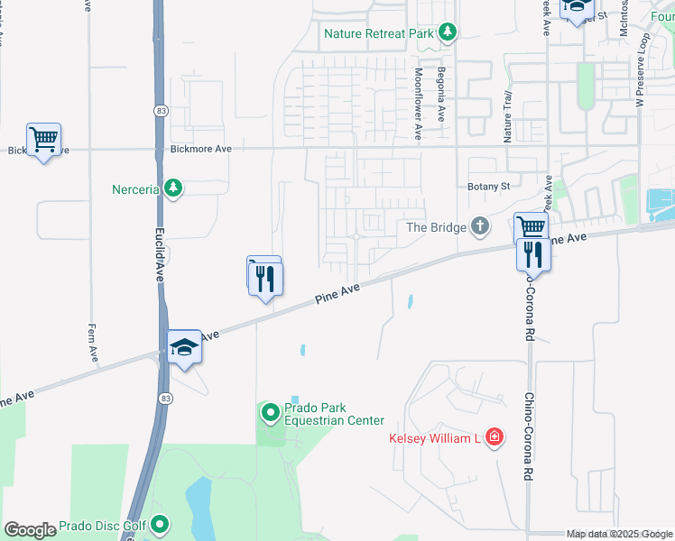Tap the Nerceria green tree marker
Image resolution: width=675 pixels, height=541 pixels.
tap(173, 189)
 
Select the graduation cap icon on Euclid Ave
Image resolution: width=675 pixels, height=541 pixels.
tap(183, 347)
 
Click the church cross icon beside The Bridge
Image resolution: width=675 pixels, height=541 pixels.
tap(480, 226)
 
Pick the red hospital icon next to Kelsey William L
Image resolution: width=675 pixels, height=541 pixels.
tap(494, 438)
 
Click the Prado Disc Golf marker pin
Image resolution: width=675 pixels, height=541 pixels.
tap(160, 523)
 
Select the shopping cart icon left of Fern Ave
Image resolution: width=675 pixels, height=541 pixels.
tap(43, 140)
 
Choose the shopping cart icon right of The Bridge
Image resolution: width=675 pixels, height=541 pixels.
tap(531, 228)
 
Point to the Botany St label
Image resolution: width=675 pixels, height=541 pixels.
tap(489, 187)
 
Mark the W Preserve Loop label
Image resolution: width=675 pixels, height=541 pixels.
tap(643, 71)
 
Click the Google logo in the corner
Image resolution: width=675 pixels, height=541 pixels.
tap(30, 530)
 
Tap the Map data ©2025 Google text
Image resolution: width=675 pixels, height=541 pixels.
tap(618, 535)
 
